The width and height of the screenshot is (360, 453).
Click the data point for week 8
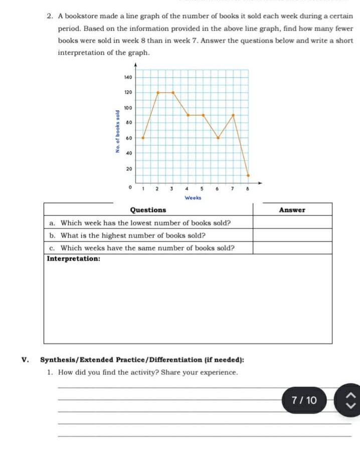(248, 175)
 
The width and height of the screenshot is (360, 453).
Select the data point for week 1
(143, 137)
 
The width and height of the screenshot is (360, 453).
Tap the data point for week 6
(218, 137)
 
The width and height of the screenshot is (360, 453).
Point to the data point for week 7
(233, 115)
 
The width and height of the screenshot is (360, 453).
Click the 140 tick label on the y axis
(127, 77)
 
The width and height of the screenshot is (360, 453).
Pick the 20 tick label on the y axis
(128, 169)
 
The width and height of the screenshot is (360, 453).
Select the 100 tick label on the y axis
(127, 108)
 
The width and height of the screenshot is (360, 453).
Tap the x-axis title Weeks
(193, 198)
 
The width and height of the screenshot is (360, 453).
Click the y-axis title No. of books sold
(117, 131)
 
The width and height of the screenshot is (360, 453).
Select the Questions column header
(148, 210)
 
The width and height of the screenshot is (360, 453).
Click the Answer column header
(292, 210)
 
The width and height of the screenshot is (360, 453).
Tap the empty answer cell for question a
(292, 222)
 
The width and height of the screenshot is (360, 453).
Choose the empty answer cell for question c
(292, 248)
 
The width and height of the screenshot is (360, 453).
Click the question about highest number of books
(133, 235)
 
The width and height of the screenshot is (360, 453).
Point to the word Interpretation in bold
(73, 259)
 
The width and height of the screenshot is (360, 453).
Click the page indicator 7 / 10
(304, 400)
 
